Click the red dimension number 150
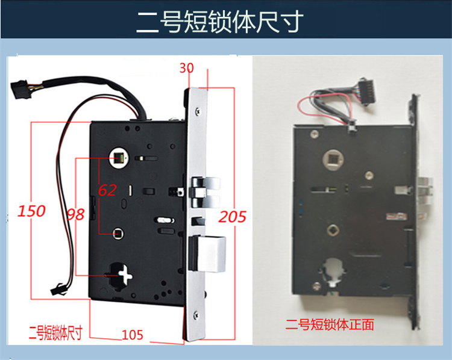31,211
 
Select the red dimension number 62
107,190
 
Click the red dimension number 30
187,69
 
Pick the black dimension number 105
133,335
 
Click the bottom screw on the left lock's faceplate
196,312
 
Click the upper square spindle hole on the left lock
118,159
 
